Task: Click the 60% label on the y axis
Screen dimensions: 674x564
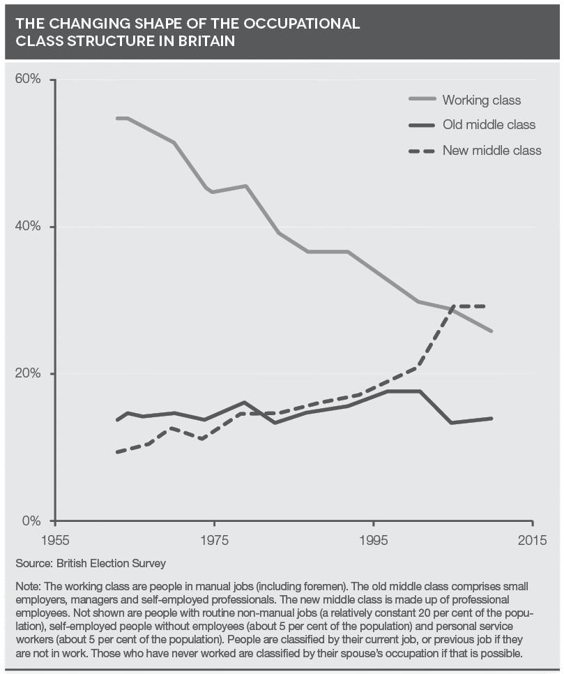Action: [x=28, y=80]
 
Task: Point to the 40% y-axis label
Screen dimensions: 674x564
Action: [x=28, y=227]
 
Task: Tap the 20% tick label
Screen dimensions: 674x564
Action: [x=28, y=374]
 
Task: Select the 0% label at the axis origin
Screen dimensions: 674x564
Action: [x=32, y=521]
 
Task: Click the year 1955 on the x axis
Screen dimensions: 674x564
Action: [x=55, y=541]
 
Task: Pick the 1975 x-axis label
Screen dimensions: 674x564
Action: [x=214, y=541]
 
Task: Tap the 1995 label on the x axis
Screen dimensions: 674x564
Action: [x=373, y=541]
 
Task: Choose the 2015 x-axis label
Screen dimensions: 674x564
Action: [x=532, y=541]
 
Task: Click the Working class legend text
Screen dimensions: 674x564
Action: [x=481, y=100]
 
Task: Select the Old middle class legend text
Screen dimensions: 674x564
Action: [x=489, y=125]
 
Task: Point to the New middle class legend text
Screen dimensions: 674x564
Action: [x=491, y=150]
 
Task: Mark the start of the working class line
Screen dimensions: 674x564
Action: [x=117, y=119]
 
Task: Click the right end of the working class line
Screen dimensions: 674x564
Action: [x=491, y=331]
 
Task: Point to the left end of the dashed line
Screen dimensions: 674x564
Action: [x=117, y=452]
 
